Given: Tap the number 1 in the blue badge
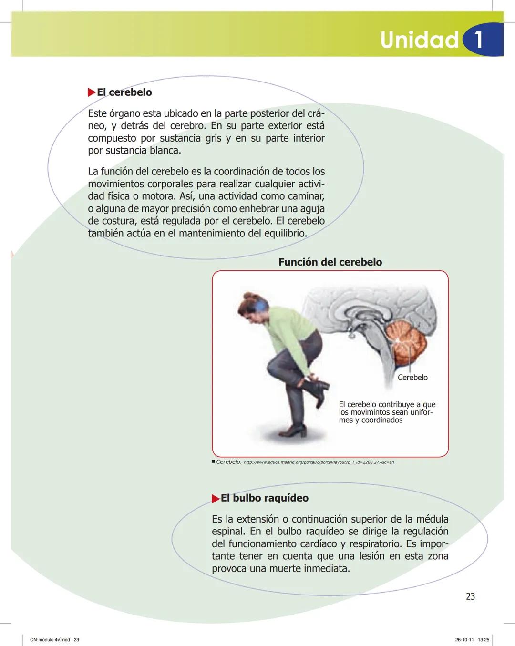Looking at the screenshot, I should pos(478,40).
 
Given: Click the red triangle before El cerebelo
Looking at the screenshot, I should pos(92,92).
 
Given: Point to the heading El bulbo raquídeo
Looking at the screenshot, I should pos(264,498).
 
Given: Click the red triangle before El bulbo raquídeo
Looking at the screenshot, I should pos(215,498).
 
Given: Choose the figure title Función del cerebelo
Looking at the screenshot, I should pos(330,262).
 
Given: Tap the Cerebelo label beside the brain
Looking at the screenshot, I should pos(412,377).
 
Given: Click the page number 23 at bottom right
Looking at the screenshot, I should pos(470,596).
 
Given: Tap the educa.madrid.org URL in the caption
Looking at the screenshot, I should pos(319,462).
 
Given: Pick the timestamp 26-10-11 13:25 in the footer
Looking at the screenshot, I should pos(472,639).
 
